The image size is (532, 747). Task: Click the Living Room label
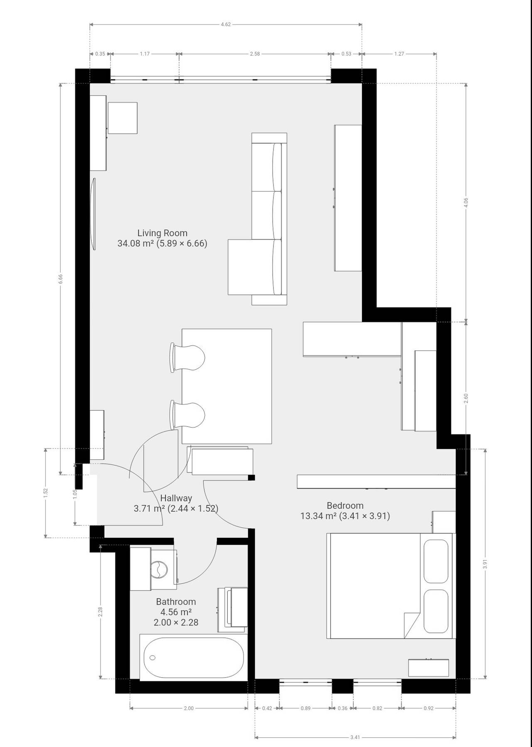pos(163,233)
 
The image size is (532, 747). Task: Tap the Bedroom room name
pos(345,505)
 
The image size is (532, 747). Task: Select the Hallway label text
pos(176,498)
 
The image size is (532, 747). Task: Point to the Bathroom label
pos(176,601)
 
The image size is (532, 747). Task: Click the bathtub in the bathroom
pos(194,657)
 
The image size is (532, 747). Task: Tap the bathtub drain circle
pos(153,658)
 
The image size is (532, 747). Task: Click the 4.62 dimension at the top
pos(226,24)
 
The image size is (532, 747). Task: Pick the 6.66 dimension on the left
pos(61,279)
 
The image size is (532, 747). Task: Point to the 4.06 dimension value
pos(466,203)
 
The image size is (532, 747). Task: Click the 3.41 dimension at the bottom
pos(355,737)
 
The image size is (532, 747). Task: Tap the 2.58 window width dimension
pos(255,54)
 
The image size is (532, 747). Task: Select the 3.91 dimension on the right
pos(485,565)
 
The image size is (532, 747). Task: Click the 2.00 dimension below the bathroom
pos(189,708)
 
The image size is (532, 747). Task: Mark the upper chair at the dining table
pos(187,358)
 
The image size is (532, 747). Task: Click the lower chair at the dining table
pos(187,415)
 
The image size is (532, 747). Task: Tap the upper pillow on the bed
pos(436,561)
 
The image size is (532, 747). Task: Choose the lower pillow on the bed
pos(436,611)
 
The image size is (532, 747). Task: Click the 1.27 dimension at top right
pos(399,54)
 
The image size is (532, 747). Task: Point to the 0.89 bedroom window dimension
pos(305,708)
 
